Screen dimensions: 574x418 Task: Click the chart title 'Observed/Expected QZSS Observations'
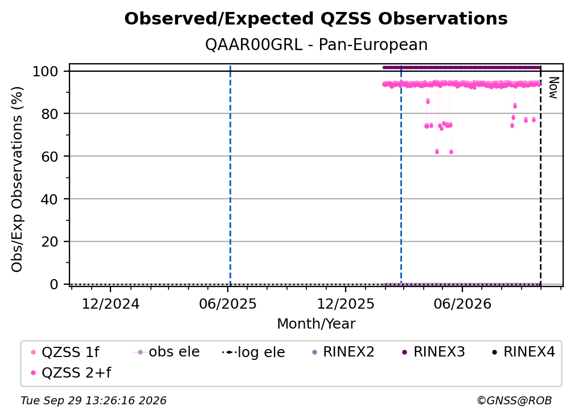tap(316, 19)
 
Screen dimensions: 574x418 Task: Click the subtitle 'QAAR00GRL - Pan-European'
tap(316, 45)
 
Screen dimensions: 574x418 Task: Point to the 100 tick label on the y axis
tap(46, 71)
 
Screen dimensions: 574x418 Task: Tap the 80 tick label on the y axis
tap(50, 113)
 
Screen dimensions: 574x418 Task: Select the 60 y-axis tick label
tap(50, 156)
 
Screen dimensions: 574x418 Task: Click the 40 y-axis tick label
tap(50, 199)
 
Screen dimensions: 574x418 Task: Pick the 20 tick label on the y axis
tap(50, 241)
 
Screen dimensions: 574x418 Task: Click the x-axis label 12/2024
tap(110, 304)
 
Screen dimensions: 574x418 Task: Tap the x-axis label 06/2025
tap(228, 304)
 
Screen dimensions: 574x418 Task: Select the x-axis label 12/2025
tap(346, 304)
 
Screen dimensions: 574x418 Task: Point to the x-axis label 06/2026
tap(462, 304)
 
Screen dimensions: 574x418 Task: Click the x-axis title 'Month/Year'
tap(316, 324)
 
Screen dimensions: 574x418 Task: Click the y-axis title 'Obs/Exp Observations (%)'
tap(17, 179)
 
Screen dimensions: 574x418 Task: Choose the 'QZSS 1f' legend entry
tap(65, 352)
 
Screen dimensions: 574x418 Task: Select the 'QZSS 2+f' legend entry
tap(71, 372)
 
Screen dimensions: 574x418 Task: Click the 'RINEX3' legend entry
tap(433, 352)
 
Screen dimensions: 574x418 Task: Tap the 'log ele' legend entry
tap(253, 352)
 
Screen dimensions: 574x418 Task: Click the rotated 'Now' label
tap(553, 88)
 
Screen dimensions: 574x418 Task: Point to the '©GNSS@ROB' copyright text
tap(514, 400)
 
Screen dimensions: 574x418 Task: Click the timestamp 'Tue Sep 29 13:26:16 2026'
tap(93, 400)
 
